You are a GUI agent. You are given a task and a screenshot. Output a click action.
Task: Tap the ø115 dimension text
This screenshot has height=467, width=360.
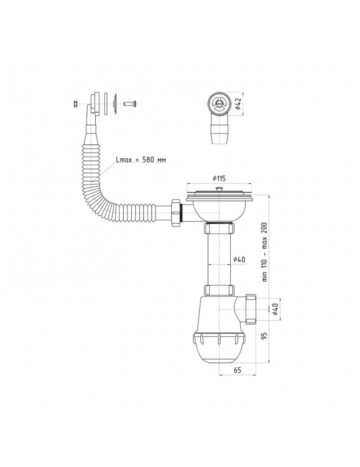pyautogui.click(x=219, y=178)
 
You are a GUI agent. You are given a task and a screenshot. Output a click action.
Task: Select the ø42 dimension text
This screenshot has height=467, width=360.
pyautogui.click(x=238, y=103)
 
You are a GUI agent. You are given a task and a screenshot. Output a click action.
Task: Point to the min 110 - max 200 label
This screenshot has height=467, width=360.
pyautogui.click(x=265, y=252)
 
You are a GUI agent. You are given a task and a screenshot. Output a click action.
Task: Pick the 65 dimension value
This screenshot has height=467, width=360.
pyautogui.click(x=237, y=370)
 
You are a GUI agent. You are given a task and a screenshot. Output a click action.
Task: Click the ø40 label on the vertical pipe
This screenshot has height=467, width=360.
pyautogui.click(x=239, y=259)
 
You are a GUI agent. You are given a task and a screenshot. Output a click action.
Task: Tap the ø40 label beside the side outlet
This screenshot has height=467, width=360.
pyautogui.click(x=275, y=309)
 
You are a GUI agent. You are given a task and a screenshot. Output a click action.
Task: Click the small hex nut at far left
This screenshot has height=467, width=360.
pyautogui.click(x=75, y=104)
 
